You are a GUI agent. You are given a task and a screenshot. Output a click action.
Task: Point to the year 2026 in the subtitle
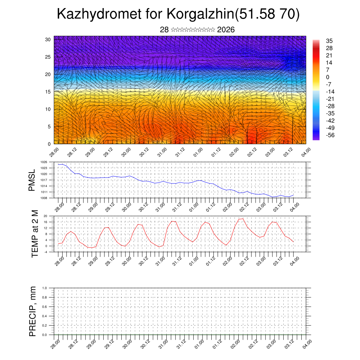coord(226,30)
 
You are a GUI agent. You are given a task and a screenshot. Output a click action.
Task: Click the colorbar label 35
coord(329,41)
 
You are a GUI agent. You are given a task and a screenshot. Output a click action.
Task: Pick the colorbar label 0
coord(328,77)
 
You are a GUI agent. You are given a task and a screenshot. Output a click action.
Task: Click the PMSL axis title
coord(32,180)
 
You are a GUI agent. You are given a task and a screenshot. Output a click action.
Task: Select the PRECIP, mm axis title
coord(33,311)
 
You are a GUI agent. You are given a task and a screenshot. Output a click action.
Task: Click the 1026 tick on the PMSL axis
coord(44,162)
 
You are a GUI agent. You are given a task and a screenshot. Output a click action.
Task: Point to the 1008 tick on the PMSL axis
coord(44,198)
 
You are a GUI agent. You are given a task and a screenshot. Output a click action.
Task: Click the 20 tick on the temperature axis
coord(45,216)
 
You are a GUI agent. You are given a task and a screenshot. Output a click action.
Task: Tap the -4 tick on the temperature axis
coord(45,252)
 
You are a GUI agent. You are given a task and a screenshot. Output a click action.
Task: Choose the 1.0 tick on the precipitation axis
coord(45,288)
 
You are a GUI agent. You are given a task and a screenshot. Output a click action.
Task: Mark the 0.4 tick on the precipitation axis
coord(45,316)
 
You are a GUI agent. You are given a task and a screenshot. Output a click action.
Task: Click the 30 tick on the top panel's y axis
coord(48,39)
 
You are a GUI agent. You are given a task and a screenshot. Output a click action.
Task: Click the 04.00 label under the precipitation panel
coord(307,343)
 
